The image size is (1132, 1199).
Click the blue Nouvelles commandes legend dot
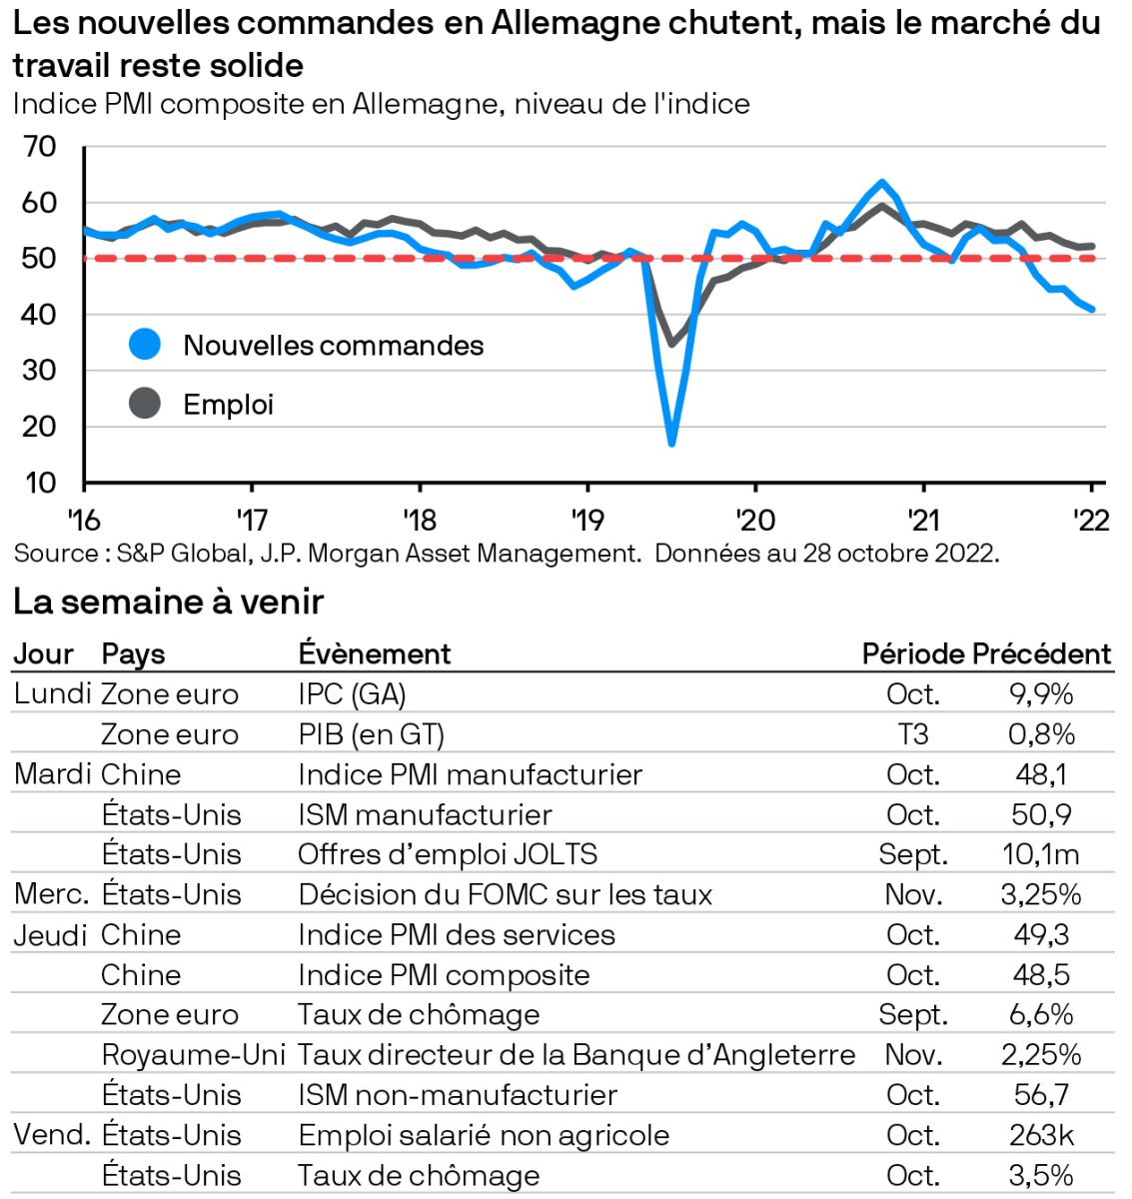(x=145, y=345)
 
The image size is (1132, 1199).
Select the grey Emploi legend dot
(x=145, y=404)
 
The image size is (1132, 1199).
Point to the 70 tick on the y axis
(x=40, y=147)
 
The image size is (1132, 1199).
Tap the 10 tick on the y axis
(x=40, y=483)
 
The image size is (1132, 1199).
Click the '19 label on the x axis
(x=587, y=520)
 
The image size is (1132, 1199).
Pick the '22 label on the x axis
(x=1090, y=520)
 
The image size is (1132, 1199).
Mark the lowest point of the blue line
(x=671, y=443)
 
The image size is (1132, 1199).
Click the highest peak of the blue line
(x=881, y=182)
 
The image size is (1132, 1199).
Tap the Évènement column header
(x=375, y=653)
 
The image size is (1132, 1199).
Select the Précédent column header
(x=1041, y=653)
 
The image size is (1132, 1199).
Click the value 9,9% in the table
(x=1041, y=693)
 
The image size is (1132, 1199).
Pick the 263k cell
(x=1041, y=1135)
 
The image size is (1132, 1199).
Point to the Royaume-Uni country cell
(x=193, y=1055)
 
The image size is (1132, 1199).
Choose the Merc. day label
(x=52, y=894)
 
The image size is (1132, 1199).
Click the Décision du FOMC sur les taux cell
(x=505, y=894)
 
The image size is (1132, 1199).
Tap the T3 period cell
(x=913, y=734)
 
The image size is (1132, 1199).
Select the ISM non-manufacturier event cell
(x=458, y=1095)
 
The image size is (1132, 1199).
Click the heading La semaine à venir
(x=168, y=601)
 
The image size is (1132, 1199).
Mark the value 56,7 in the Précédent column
(x=1041, y=1095)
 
